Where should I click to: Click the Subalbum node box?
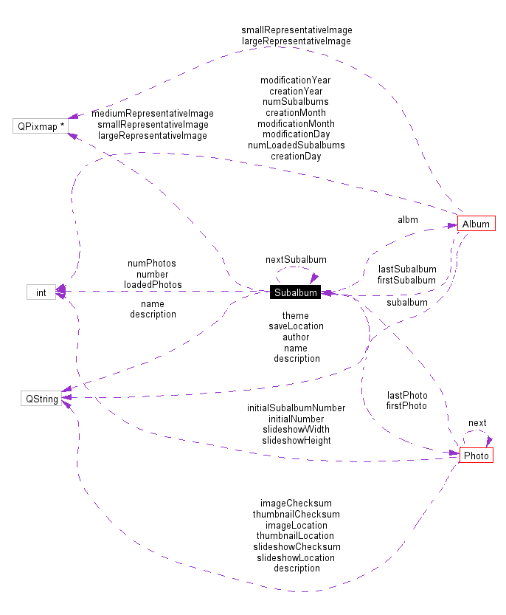296,292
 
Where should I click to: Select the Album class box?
476,224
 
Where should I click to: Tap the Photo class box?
476,456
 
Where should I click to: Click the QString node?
41,399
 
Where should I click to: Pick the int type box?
41,292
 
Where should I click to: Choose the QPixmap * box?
41,126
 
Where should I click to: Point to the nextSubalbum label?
296,260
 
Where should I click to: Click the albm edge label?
407,220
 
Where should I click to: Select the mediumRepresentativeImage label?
153,114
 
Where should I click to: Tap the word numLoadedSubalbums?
296,145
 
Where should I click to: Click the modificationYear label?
296,80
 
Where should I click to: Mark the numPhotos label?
152,263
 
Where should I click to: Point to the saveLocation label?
296,326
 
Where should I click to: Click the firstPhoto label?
406,405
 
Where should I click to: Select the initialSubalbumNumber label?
296,408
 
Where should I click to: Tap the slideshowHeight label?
296,440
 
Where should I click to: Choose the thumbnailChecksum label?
296,514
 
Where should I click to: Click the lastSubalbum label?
406,269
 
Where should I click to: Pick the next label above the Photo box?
477,423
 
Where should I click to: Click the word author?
296,337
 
